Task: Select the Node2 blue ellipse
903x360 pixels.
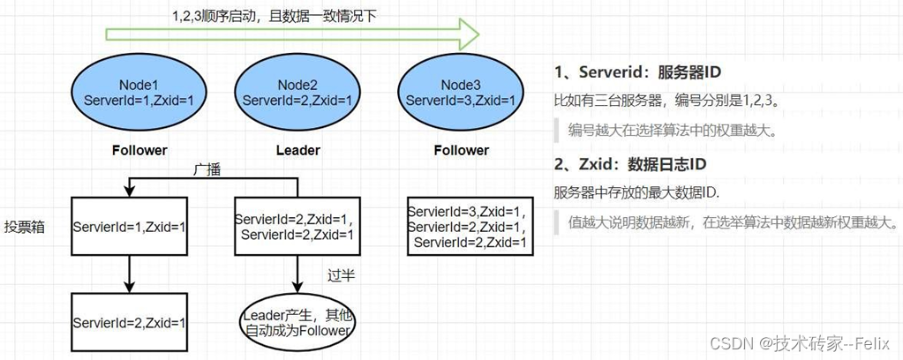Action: pos(297,93)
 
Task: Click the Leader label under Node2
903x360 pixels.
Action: pos(297,150)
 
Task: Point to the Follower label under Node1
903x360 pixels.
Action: pos(139,150)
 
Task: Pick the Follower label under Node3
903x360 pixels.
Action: pos(461,150)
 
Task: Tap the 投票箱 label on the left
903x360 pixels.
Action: pos(25,226)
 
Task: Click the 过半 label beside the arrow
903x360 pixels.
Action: pos(341,275)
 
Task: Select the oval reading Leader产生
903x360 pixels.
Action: pos(297,323)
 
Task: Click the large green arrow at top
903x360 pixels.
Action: pos(291,36)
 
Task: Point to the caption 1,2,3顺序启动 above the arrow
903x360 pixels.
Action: pos(274,15)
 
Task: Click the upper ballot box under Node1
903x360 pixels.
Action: pos(130,226)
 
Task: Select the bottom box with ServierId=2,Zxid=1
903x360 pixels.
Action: pos(130,323)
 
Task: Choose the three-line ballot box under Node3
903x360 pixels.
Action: pos(468,227)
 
